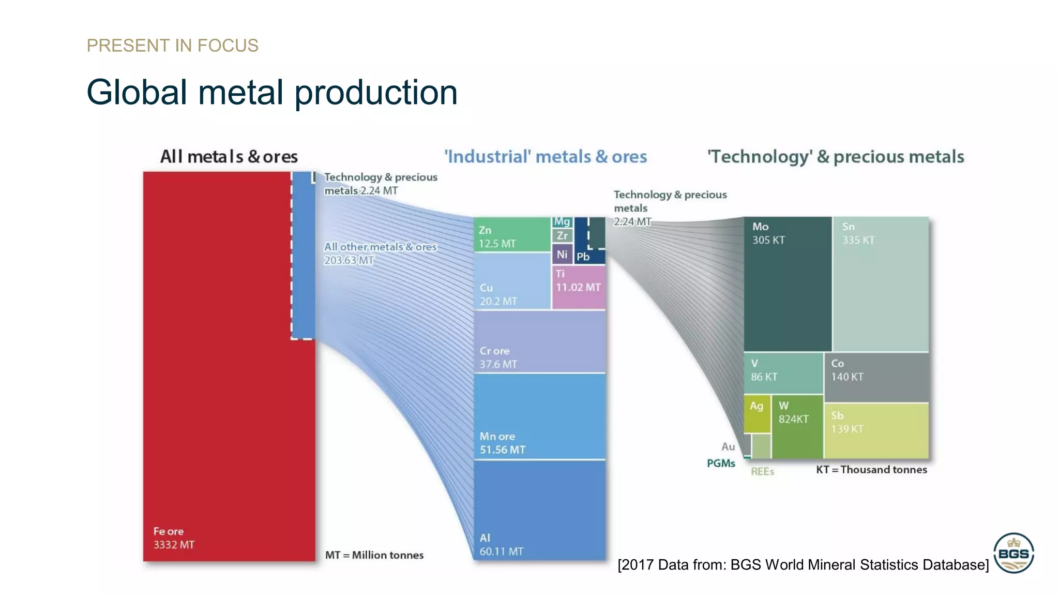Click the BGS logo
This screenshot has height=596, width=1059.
point(1013,553)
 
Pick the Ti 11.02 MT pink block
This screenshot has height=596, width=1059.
point(578,287)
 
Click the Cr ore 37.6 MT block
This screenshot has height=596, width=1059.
point(539,341)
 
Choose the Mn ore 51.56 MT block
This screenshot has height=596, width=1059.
point(539,416)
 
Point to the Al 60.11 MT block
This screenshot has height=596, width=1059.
point(539,510)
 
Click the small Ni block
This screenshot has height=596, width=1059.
point(562,254)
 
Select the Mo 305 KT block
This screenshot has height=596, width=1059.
point(787,284)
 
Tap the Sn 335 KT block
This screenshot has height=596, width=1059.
point(881,284)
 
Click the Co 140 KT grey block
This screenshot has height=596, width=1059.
point(876,377)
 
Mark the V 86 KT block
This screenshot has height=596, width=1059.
point(783,373)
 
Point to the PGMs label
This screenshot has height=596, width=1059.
point(721,463)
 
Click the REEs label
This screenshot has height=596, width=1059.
point(762,471)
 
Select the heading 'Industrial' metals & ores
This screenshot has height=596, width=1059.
point(546,156)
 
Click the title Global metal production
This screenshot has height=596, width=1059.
point(272,93)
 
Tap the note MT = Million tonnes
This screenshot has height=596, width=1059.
point(374,555)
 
